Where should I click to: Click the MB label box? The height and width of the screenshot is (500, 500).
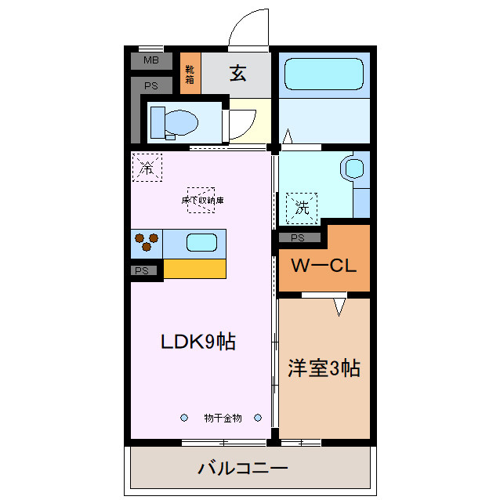(151, 60)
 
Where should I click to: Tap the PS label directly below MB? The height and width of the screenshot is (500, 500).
(151, 85)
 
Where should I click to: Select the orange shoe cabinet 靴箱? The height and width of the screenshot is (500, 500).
(190, 74)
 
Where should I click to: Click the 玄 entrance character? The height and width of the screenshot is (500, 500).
(238, 74)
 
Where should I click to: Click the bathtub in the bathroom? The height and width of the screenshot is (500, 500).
(322, 75)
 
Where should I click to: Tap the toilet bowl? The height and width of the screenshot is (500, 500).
(176, 122)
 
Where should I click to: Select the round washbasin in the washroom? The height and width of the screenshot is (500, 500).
(353, 168)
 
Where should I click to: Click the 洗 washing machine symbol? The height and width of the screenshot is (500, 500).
(302, 207)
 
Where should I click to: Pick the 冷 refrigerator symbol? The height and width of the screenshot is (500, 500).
(146, 167)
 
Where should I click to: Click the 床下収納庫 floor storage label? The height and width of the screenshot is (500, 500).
(202, 200)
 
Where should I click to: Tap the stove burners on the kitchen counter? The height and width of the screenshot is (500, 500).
(147, 243)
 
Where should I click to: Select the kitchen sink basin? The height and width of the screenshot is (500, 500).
(201, 243)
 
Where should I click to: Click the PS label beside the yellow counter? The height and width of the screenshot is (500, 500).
(142, 270)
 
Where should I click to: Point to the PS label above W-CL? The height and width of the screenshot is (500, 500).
(298, 237)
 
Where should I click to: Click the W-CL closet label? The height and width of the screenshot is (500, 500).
(324, 265)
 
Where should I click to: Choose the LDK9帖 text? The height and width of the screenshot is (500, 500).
(198, 342)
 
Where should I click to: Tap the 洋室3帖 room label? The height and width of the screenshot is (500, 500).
(324, 368)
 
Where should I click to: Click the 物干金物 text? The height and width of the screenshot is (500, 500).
(223, 418)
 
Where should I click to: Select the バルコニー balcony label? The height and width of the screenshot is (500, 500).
(243, 469)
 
